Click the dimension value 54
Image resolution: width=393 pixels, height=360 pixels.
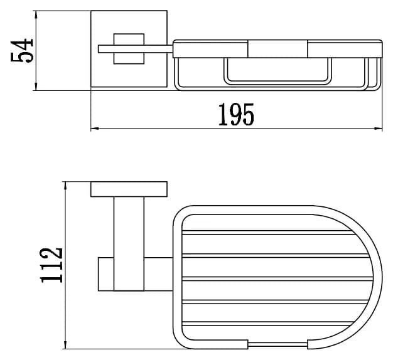[x=22, y=50]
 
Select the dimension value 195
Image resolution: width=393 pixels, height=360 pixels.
[x=236, y=114]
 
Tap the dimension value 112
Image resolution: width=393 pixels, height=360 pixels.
[x=51, y=265]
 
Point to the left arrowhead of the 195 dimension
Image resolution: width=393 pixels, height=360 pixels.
[x=95, y=129]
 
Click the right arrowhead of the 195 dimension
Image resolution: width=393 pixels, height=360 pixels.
[x=379, y=129]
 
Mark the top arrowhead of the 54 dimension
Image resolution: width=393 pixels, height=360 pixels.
[x=36, y=14]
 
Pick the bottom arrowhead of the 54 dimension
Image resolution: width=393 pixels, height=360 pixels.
[x=36, y=87]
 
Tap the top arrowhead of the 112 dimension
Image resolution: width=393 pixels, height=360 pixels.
[x=65, y=186]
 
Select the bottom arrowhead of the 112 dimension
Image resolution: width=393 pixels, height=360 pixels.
[x=65, y=345]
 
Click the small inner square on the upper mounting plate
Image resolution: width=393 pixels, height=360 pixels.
[x=129, y=49]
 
